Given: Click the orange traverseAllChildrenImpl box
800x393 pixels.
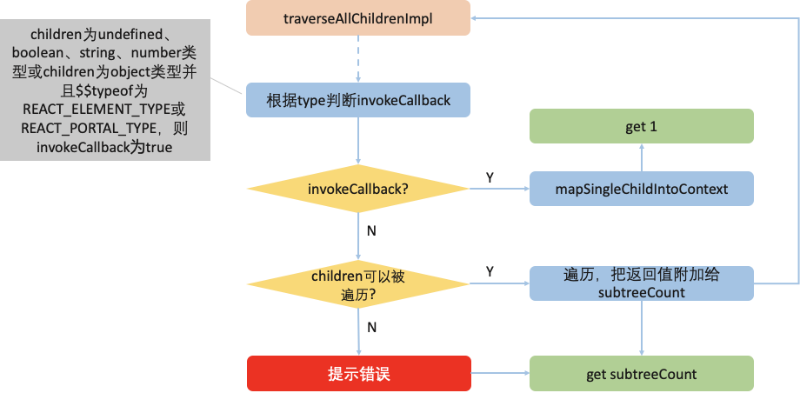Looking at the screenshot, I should point(357,18).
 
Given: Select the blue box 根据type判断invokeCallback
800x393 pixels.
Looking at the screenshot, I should point(357,100).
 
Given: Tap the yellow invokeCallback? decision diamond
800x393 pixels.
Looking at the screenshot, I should point(357,188).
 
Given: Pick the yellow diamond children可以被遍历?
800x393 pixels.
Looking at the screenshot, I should point(357,284).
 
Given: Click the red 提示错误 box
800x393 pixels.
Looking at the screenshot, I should point(357,374).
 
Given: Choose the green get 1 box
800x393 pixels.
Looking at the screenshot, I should point(641,127).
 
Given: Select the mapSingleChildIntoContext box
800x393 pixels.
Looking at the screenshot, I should point(641,188).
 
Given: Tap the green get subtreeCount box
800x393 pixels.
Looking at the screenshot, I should point(641,374).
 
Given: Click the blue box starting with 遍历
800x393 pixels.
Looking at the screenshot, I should point(641,284).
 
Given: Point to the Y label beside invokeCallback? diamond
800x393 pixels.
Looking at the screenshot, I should point(490,177).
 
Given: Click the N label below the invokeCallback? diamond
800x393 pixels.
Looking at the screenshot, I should point(371,232).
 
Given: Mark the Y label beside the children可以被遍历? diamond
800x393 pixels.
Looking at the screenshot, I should point(490,272).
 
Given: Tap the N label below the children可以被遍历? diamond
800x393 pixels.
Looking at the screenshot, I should point(371,328).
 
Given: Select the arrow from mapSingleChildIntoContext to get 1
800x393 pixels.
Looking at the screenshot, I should point(641,158).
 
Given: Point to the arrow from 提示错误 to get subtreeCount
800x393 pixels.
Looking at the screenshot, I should point(500,374).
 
